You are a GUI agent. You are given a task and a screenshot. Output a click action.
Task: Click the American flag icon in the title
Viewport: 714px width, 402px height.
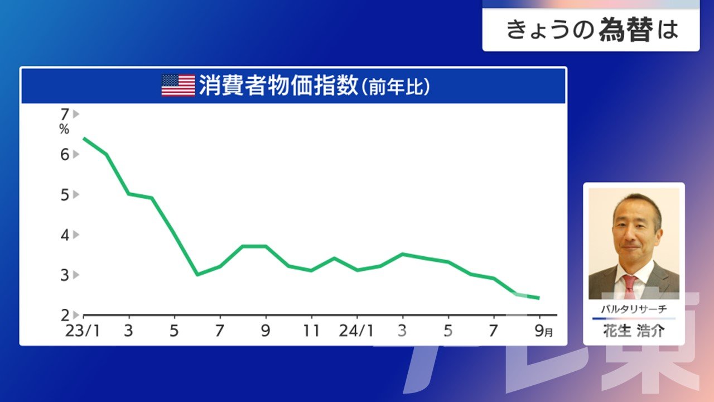[178, 85]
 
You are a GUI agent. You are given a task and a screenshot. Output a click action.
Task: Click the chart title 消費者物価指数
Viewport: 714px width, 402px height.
[278, 85]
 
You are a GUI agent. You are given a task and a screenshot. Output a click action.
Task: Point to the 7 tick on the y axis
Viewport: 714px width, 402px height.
[65, 114]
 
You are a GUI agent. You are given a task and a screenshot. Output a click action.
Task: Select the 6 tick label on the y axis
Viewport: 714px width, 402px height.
[65, 155]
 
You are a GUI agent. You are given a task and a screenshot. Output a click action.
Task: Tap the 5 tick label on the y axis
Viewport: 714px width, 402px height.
[65, 195]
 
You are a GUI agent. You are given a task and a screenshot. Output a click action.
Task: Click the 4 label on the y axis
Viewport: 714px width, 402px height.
[65, 235]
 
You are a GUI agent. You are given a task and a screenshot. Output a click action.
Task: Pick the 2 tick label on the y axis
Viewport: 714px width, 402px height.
[65, 315]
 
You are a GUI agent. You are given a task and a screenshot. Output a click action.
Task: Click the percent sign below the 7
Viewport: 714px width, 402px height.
[64, 129]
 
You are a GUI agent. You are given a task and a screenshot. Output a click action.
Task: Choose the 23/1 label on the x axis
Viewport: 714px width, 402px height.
[83, 331]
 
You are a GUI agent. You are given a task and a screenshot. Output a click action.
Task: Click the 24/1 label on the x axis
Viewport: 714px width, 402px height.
[356, 331]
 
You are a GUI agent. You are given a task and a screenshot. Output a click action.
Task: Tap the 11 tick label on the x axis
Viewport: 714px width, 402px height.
[311, 331]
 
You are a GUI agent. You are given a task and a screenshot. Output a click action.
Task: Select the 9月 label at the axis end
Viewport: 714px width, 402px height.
[543, 331]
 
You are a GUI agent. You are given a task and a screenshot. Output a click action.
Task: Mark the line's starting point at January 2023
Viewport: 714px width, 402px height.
[84, 138]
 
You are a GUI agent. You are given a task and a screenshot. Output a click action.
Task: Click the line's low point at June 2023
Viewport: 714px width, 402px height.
[197, 274]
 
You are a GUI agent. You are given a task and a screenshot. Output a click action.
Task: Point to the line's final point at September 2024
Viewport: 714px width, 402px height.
[539, 298]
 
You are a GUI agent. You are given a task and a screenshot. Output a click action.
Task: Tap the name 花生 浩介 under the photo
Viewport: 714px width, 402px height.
[634, 331]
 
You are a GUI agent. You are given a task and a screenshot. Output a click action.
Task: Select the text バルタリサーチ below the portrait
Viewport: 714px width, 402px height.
[634, 309]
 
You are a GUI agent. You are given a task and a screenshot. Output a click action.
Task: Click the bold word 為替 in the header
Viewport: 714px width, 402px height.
[626, 30]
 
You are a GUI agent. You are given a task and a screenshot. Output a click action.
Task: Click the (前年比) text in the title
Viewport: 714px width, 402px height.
[396, 87]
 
